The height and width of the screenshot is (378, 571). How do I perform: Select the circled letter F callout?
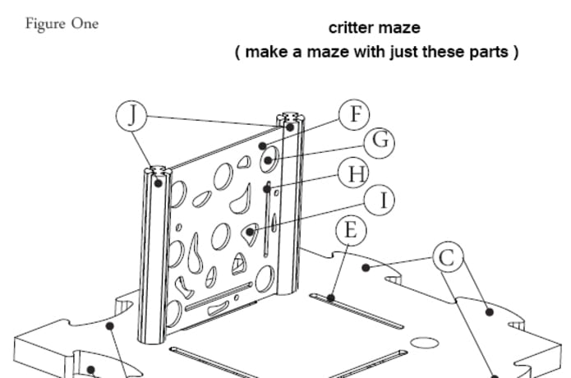coord(354,114)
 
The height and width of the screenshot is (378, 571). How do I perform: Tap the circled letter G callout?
coord(379,141)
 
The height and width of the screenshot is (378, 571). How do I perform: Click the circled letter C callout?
coord(446,257)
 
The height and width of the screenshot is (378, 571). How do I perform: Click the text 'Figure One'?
coord(62,24)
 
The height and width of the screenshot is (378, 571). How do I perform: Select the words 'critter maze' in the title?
coord(374,28)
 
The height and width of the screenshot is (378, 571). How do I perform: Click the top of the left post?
coord(156,172)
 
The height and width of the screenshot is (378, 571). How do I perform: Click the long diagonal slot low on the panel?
coord(218,297)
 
